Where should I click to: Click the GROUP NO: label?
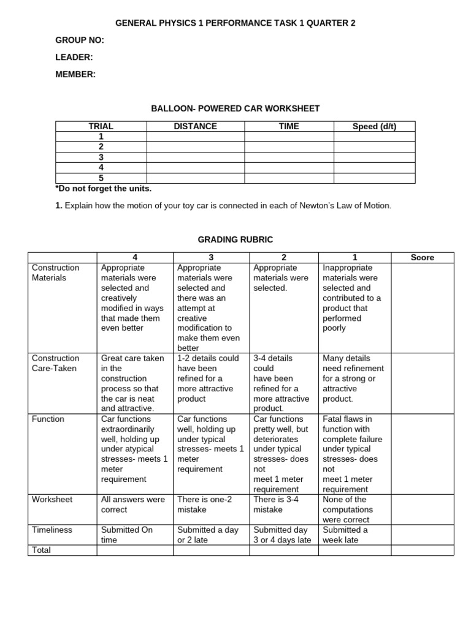tap(80, 40)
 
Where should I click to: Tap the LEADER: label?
tap(74, 58)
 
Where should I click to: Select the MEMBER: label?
tap(75, 74)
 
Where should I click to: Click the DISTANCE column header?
tap(195, 126)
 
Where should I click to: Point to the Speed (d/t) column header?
tap(374, 126)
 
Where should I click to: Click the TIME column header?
tap(289, 126)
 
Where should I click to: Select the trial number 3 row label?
tap(101, 157)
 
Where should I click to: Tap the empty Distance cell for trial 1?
tap(195, 137)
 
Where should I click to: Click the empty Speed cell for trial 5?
tap(374, 178)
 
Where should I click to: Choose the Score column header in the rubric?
tap(422, 258)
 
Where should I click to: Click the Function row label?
tap(48, 419)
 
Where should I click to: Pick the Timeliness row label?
tap(52, 530)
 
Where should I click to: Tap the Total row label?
tap(41, 550)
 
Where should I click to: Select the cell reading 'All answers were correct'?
tap(133, 505)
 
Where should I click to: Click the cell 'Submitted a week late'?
tap(345, 535)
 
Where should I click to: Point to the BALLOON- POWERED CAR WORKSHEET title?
tap(235, 108)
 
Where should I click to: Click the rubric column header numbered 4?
tap(135, 258)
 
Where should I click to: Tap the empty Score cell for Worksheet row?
tap(422, 509)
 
